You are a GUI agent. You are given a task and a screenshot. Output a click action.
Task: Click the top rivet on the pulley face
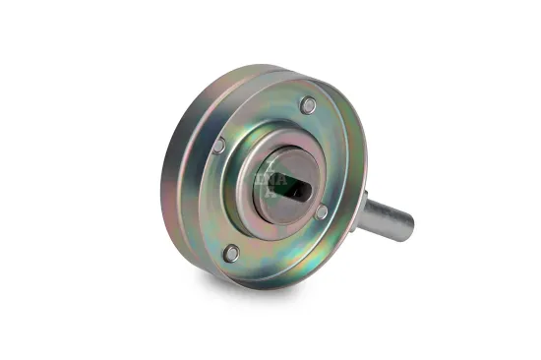[308, 104]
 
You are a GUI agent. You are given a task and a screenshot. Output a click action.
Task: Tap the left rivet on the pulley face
[218, 146]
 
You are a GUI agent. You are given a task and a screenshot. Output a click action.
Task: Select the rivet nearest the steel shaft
[321, 211]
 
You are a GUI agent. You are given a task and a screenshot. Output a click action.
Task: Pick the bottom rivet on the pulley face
[231, 253]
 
